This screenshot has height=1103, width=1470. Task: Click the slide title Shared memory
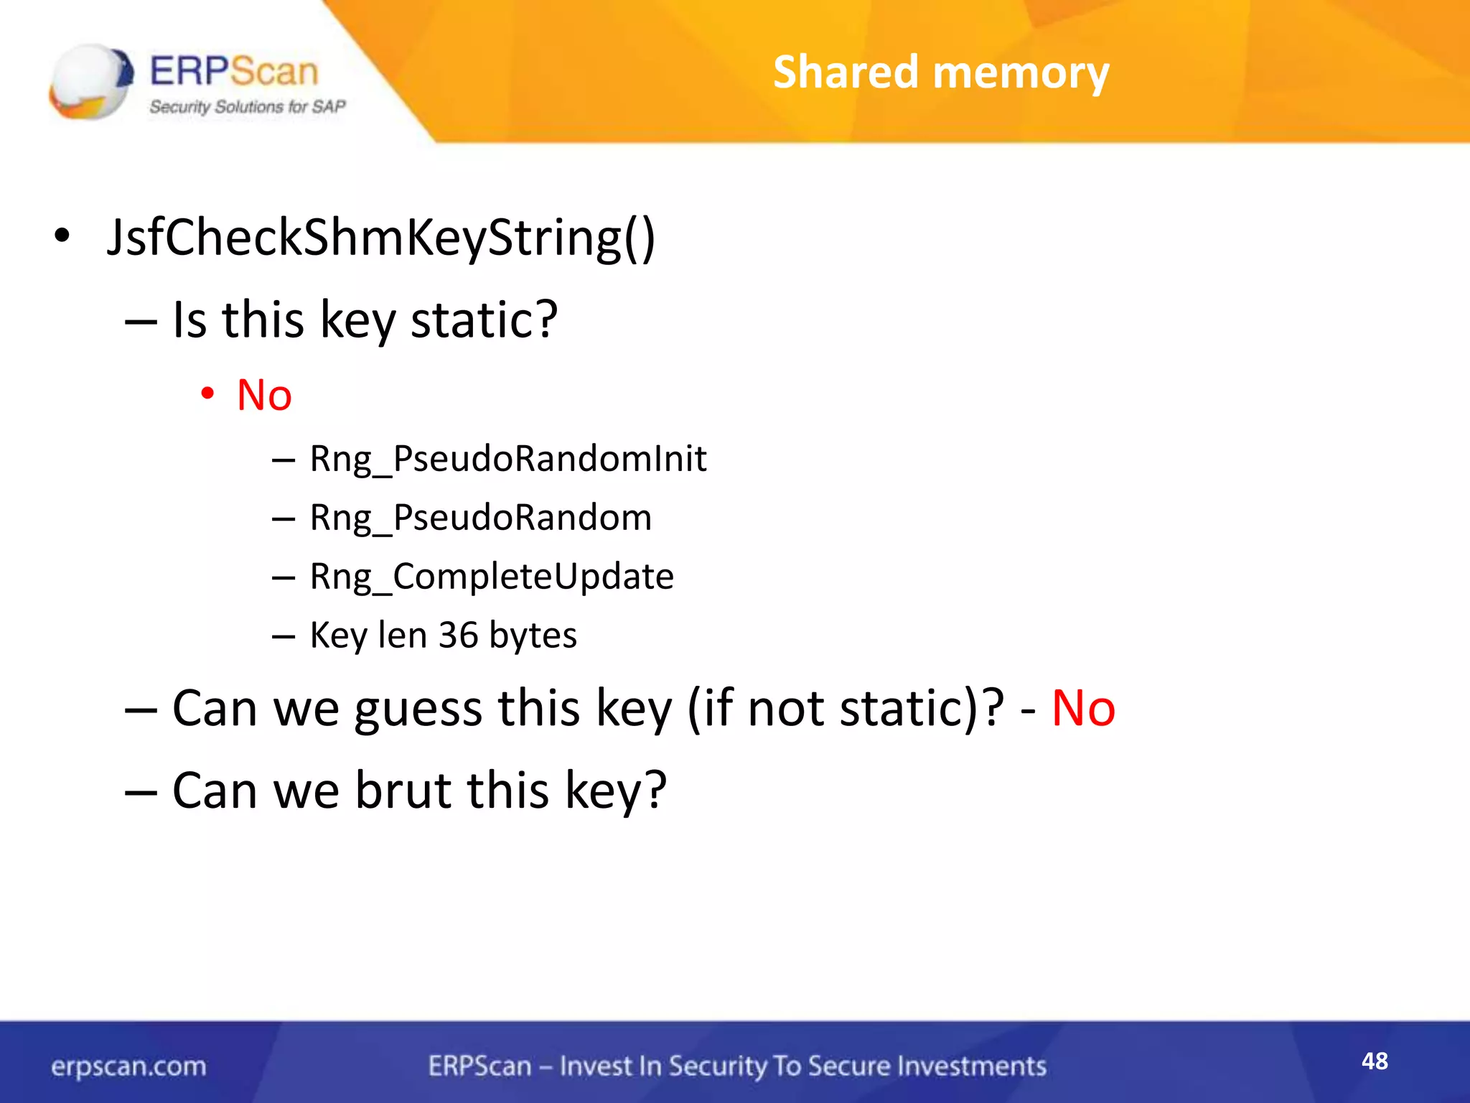click(941, 73)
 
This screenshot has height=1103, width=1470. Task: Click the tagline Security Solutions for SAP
click(248, 107)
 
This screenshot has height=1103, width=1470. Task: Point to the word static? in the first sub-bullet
click(484, 320)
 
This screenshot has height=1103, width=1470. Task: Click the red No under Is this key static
click(264, 395)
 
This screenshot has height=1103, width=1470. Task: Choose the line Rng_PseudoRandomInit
click(507, 458)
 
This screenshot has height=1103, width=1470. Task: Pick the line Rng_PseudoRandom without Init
click(480, 517)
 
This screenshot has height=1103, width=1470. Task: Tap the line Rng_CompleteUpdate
click(492, 576)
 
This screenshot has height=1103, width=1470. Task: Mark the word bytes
click(533, 635)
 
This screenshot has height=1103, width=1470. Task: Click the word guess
click(418, 709)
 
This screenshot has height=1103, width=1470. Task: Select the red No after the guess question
click(1083, 709)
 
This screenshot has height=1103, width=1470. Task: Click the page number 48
click(1375, 1061)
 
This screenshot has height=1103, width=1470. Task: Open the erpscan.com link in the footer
click(128, 1066)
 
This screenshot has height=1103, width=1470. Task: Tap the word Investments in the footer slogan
click(972, 1066)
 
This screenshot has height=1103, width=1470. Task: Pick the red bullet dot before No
click(207, 393)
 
